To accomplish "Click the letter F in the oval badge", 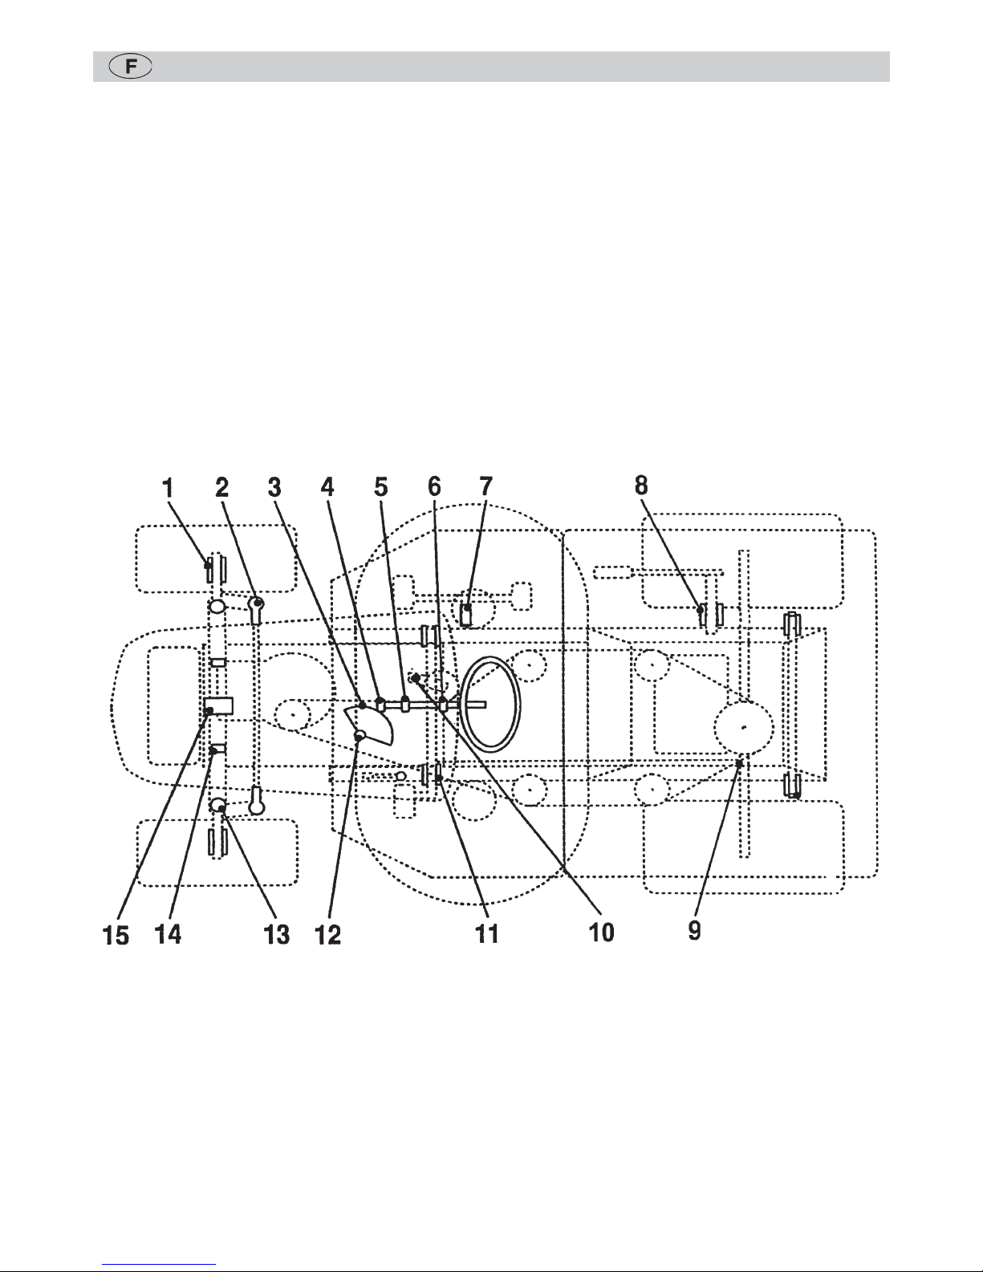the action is [x=131, y=67].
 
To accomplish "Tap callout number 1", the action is [x=169, y=487].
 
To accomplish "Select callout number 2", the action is [x=221, y=487].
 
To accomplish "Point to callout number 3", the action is [x=274, y=487].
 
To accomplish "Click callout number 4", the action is [x=327, y=487].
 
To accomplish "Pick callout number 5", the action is [x=381, y=487].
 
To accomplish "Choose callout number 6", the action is [x=434, y=486].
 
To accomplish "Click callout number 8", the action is [x=641, y=486].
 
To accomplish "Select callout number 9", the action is [x=695, y=930].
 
